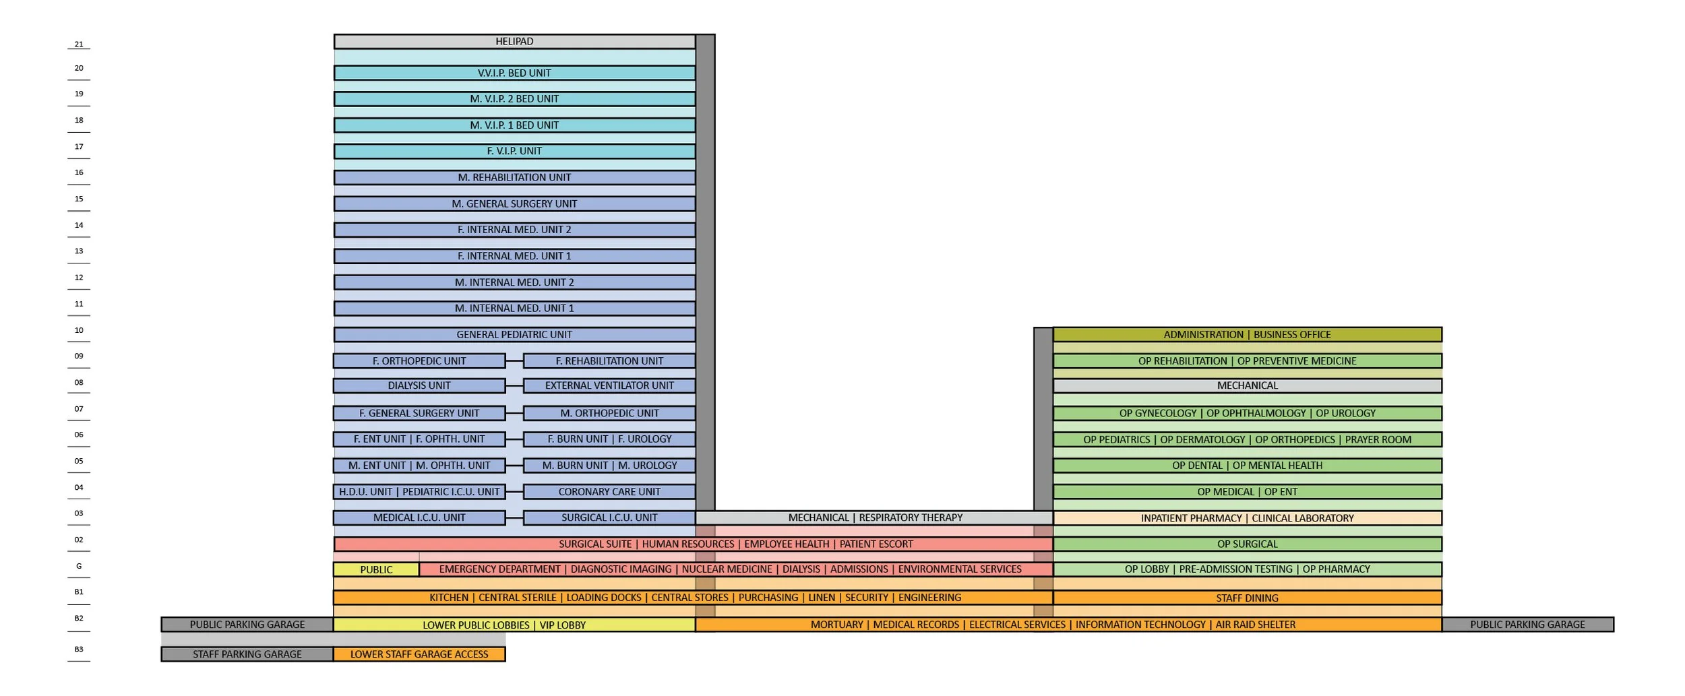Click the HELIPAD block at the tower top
pyautogui.click(x=514, y=42)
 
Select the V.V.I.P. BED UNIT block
pyautogui.click(x=514, y=73)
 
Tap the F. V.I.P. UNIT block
pyautogui.click(x=514, y=151)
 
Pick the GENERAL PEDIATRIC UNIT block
pyautogui.click(x=514, y=334)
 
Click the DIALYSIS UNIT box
pyautogui.click(x=419, y=385)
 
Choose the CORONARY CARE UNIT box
pyautogui.click(x=609, y=492)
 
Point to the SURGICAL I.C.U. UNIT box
pyautogui.click(x=609, y=517)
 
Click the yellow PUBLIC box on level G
pyautogui.click(x=376, y=569)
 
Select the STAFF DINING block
pyautogui.click(x=1247, y=598)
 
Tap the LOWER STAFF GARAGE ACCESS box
pyautogui.click(x=419, y=654)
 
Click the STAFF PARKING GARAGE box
pyautogui.click(x=247, y=654)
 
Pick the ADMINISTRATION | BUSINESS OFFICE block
pyautogui.click(x=1247, y=334)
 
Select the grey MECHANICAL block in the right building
pyautogui.click(x=1247, y=385)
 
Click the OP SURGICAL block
pyautogui.click(x=1247, y=544)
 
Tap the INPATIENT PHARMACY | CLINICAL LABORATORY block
pyautogui.click(x=1247, y=518)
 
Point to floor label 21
pyautogui.click(x=79, y=44)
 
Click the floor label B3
pyautogui.click(x=79, y=650)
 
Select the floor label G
pyautogui.click(x=79, y=566)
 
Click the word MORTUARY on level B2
pyautogui.click(x=836, y=625)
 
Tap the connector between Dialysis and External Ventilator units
pyautogui.click(x=514, y=385)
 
